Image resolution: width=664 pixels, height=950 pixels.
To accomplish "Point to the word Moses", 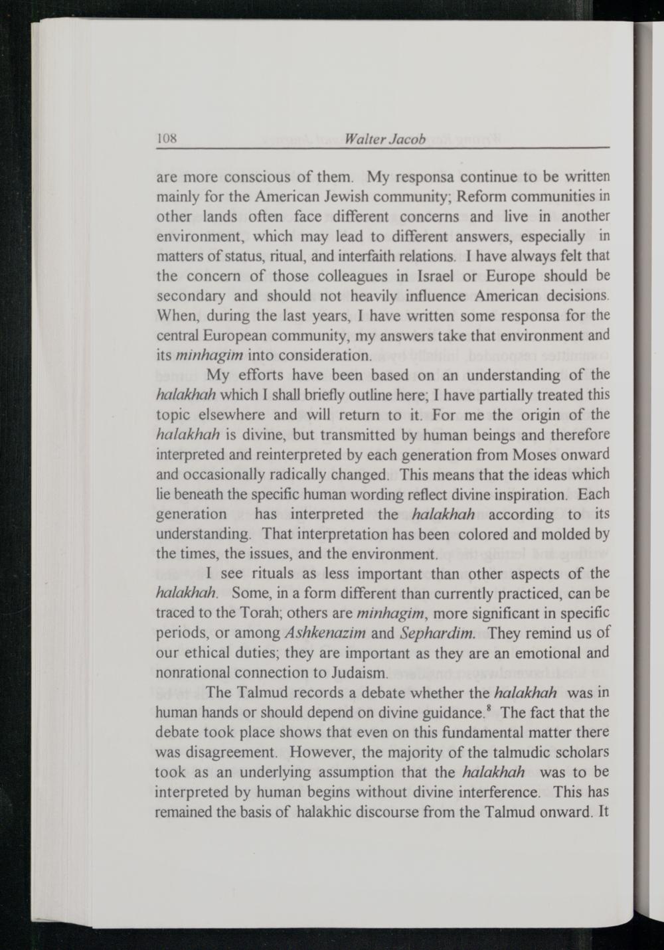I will (x=539, y=455).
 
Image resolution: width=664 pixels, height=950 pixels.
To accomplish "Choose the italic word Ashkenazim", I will (x=325, y=633).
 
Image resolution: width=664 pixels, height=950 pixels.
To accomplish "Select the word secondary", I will (x=191, y=295).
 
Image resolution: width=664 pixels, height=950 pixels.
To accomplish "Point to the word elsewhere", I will (x=236, y=416).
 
